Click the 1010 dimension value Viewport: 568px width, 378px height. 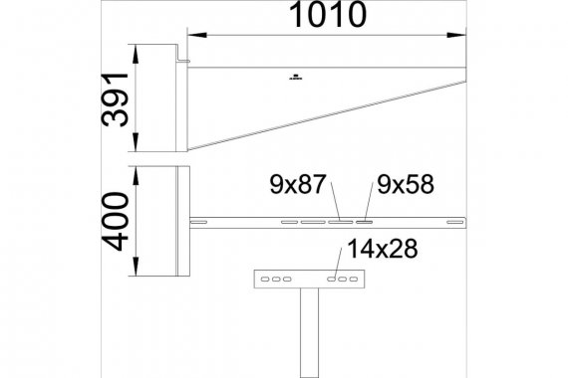[328, 15]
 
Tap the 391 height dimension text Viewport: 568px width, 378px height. [116, 99]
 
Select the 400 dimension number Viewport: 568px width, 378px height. [116, 221]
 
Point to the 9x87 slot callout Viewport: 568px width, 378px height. [298, 184]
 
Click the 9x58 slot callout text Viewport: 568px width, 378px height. [406, 184]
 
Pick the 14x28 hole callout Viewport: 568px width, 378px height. [383, 249]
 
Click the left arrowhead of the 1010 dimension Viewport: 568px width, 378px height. [197, 35]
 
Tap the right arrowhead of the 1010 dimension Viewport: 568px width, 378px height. [456, 35]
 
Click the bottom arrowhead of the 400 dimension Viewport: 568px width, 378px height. [136, 267]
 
